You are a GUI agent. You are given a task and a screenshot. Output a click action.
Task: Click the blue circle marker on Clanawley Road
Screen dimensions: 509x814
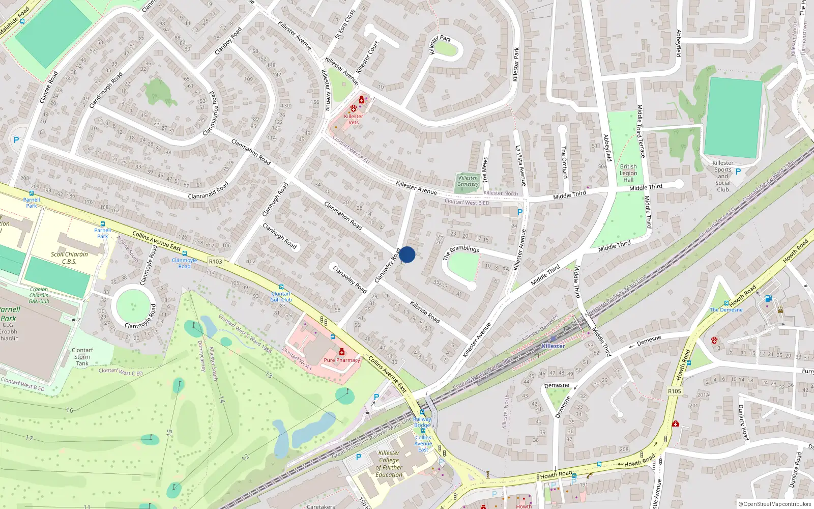407,254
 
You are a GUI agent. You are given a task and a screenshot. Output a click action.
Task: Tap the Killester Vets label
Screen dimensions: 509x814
354,119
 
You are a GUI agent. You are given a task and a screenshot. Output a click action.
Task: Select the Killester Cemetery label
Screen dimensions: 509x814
468,181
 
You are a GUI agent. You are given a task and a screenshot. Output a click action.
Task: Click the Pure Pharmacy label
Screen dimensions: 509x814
342,360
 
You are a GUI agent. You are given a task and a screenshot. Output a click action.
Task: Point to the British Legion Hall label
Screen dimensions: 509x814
628,173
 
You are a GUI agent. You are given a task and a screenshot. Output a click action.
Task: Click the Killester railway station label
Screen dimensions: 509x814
553,346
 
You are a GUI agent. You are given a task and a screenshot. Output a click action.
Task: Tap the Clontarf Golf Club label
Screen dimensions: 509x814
281,297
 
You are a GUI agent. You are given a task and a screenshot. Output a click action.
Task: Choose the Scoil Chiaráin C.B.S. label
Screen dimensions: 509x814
70,258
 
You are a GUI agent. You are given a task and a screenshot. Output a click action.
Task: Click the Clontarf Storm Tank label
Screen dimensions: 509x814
82,357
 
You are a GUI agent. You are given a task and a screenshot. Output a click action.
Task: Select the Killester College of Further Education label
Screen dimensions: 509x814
389,464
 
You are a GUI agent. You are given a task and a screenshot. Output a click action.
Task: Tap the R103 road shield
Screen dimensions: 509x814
216,261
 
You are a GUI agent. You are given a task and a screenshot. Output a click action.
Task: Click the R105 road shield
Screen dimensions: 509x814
675,391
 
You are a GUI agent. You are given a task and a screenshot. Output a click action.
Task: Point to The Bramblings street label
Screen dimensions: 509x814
461,251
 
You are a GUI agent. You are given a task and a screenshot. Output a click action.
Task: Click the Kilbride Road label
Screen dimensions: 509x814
425,311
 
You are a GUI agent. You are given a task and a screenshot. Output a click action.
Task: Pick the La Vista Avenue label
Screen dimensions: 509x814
521,165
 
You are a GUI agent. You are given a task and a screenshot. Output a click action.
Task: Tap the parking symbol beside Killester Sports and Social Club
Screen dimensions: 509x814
738,172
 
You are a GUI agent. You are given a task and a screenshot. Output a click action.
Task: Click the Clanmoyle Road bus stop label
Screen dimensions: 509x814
184,263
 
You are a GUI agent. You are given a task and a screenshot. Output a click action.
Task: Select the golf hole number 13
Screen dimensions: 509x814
269,375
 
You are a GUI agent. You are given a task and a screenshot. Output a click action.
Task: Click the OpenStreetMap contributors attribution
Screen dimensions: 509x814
774,504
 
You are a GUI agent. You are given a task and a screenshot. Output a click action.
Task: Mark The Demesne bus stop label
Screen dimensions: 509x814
726,309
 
